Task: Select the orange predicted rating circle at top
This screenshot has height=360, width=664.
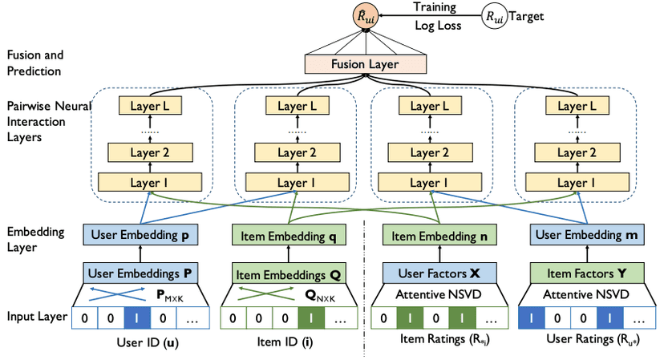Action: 365,15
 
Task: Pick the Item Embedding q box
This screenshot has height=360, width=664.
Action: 287,235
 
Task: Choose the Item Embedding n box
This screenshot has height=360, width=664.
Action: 434,235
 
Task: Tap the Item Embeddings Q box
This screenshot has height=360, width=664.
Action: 287,273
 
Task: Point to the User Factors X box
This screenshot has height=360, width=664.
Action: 434,273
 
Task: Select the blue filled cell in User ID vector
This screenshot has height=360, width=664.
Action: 136,318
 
